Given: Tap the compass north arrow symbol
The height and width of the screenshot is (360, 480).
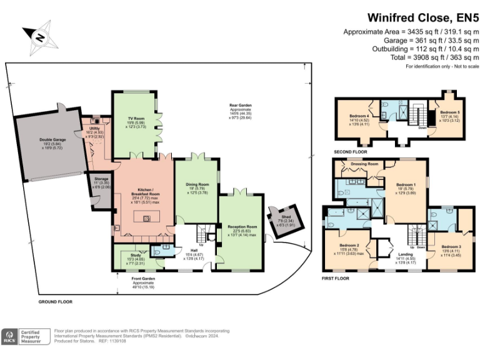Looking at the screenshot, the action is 39,37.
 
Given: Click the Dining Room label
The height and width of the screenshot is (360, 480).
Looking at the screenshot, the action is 197,185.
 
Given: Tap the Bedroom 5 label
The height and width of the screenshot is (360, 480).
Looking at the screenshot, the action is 449,112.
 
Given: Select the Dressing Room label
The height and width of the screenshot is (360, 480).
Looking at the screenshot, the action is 365,164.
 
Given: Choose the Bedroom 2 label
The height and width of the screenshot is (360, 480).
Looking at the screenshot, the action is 349,246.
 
